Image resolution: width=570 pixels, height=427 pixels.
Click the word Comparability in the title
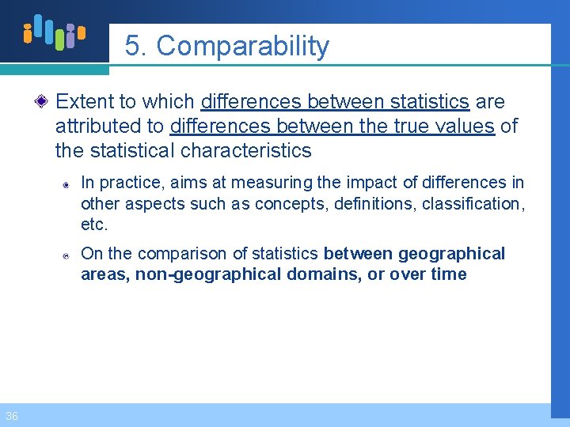[x=243, y=47]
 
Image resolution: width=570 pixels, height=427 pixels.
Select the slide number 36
[x=11, y=416]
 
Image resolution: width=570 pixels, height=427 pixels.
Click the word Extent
[x=86, y=102]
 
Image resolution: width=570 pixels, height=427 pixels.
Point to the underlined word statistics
[x=429, y=102]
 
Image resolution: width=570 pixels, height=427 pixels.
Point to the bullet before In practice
[x=68, y=184]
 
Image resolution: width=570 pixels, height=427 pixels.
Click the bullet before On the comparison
[x=68, y=255]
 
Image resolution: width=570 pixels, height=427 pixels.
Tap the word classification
[x=472, y=203]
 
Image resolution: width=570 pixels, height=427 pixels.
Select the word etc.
[x=93, y=224]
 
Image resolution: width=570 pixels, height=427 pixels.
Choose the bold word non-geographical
[x=208, y=274]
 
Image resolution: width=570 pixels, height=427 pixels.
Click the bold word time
[x=450, y=274]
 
